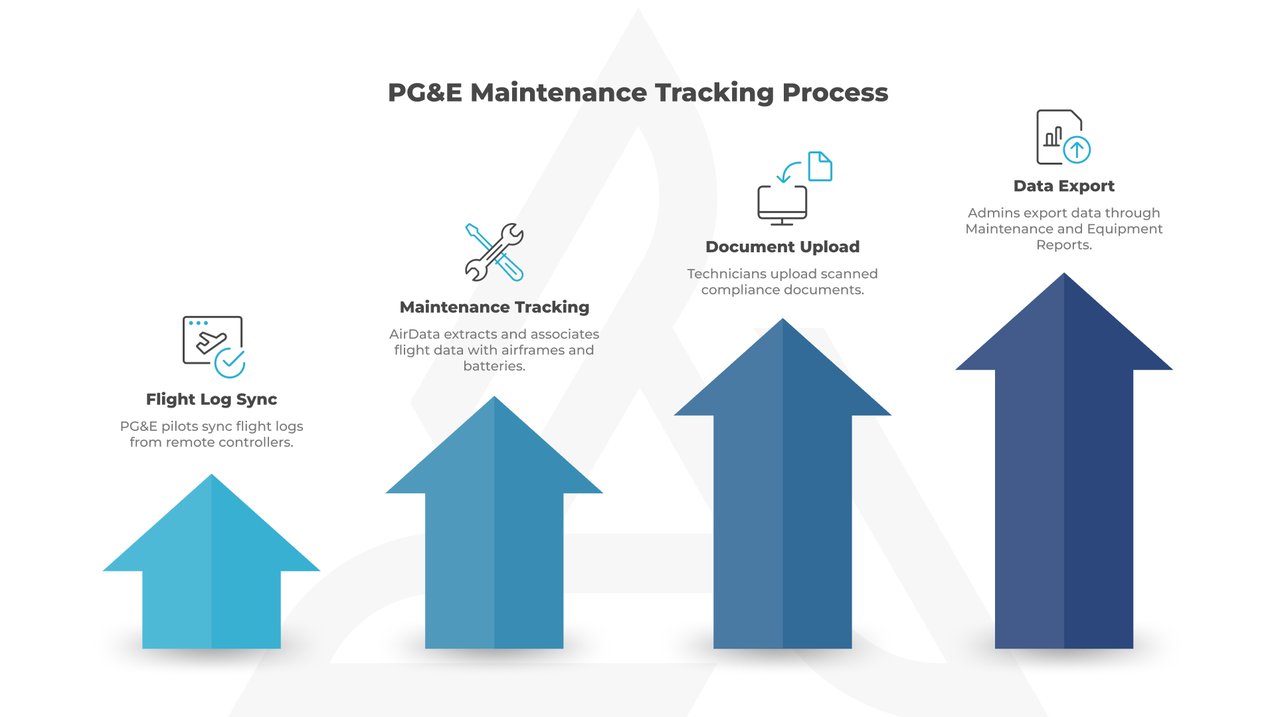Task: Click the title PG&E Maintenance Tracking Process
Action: pyautogui.click(x=638, y=93)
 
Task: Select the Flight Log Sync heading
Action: pyautogui.click(x=211, y=400)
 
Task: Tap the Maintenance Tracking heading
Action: pyautogui.click(x=494, y=307)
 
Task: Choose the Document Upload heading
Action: pyautogui.click(x=782, y=247)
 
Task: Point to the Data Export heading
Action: pyautogui.click(x=1064, y=186)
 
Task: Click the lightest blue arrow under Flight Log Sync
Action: pyautogui.click(x=211, y=561)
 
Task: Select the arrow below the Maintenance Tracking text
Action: pyautogui.click(x=494, y=522)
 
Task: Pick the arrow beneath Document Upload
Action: pyautogui.click(x=782, y=483)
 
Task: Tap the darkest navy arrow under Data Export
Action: pyautogui.click(x=1064, y=461)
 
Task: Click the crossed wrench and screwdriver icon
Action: pyautogui.click(x=494, y=252)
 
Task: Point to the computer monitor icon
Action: pyautogui.click(x=782, y=205)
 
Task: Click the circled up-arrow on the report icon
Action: pyautogui.click(x=1077, y=149)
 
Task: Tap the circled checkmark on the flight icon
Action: pyautogui.click(x=230, y=362)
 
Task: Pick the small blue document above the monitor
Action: pyautogui.click(x=820, y=166)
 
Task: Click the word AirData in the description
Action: pyautogui.click(x=414, y=335)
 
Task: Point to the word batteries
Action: pyautogui.click(x=494, y=366)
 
